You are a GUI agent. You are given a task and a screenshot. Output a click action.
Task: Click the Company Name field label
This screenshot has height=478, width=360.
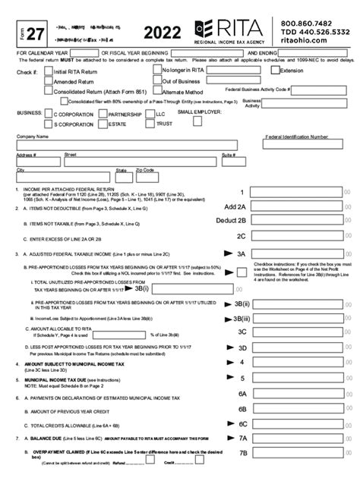33,137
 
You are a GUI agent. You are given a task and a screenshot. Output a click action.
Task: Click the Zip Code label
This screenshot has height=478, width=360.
145,170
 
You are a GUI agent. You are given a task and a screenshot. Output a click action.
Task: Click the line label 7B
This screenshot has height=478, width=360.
243,453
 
